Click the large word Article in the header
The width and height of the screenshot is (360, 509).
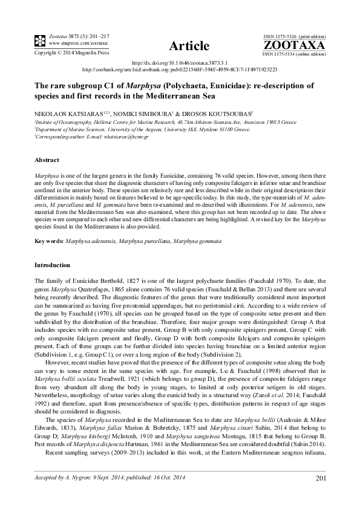pyautogui.click(x=189, y=46)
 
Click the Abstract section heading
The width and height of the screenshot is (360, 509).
pyautogui.click(x=47, y=160)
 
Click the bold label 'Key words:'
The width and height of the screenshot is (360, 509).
pyautogui.click(x=50, y=241)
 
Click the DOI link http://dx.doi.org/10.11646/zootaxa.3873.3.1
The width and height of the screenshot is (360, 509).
pyautogui.click(x=180, y=63)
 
